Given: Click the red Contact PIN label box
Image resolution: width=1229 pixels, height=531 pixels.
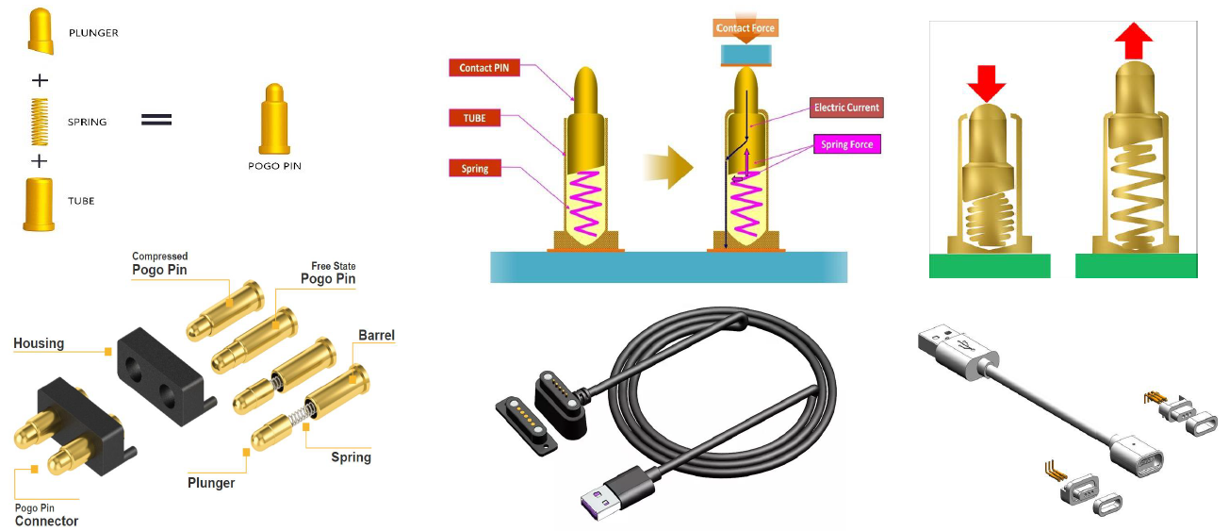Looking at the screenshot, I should [x=484, y=68].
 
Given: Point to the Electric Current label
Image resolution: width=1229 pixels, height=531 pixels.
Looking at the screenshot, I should [x=846, y=108].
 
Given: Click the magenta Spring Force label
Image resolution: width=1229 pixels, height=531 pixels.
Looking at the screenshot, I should [x=847, y=144].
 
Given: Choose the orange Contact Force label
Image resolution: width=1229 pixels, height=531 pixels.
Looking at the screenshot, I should [x=745, y=28].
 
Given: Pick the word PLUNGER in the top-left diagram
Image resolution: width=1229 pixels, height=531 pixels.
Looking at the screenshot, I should [x=93, y=33].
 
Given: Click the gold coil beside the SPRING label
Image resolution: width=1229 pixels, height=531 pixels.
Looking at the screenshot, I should [x=40, y=122].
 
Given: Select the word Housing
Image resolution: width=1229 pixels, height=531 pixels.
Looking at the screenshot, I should [x=39, y=343].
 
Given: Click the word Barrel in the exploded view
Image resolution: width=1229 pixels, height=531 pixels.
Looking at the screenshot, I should [x=376, y=335].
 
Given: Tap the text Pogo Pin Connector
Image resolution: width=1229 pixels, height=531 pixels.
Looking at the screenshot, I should [x=46, y=515].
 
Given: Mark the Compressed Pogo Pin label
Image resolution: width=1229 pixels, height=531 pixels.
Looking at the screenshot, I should [x=159, y=263].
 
